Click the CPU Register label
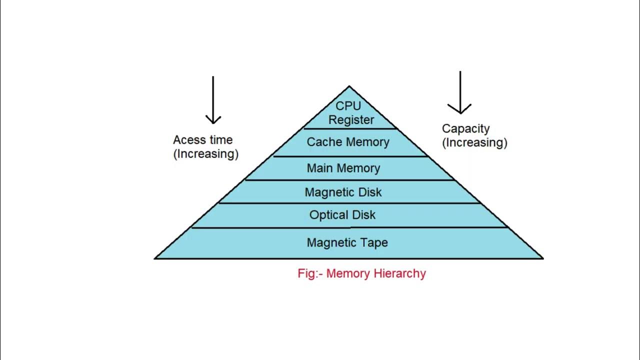348,113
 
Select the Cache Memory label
348,142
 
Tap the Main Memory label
343,168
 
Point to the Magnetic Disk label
343,192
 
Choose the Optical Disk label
342,215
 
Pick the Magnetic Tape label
347,242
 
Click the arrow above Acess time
213,100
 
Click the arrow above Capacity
459,93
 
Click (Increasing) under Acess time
206,154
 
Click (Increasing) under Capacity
474,142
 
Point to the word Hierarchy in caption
400,273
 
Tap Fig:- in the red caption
310,273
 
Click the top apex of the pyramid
349,86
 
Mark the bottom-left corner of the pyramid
155,258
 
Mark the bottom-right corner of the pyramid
542,258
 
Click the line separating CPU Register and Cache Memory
350,129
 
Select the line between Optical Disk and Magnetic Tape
350,227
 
